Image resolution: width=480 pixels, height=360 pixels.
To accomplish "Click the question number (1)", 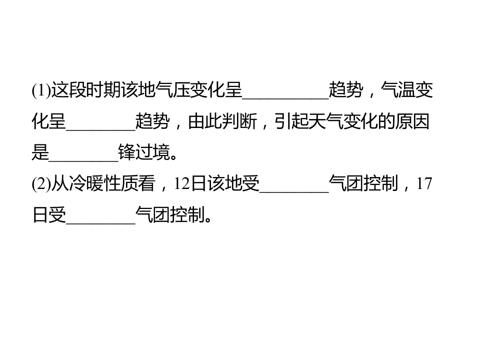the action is [41, 90].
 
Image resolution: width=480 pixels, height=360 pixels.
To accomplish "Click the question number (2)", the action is [41, 183].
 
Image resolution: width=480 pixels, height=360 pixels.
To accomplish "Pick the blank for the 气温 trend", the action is [100, 129].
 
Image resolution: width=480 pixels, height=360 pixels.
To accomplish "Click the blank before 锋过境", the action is [83, 160].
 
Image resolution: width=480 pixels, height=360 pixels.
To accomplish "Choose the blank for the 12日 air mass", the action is [294, 191].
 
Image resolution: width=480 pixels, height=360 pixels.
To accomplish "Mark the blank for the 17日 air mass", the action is [100, 223].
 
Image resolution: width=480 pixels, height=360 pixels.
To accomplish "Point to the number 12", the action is [182, 183].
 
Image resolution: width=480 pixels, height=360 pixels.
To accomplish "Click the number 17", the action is [424, 183].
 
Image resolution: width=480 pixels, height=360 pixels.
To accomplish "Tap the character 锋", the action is [126, 152].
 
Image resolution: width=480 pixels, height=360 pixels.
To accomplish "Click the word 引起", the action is [291, 121].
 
